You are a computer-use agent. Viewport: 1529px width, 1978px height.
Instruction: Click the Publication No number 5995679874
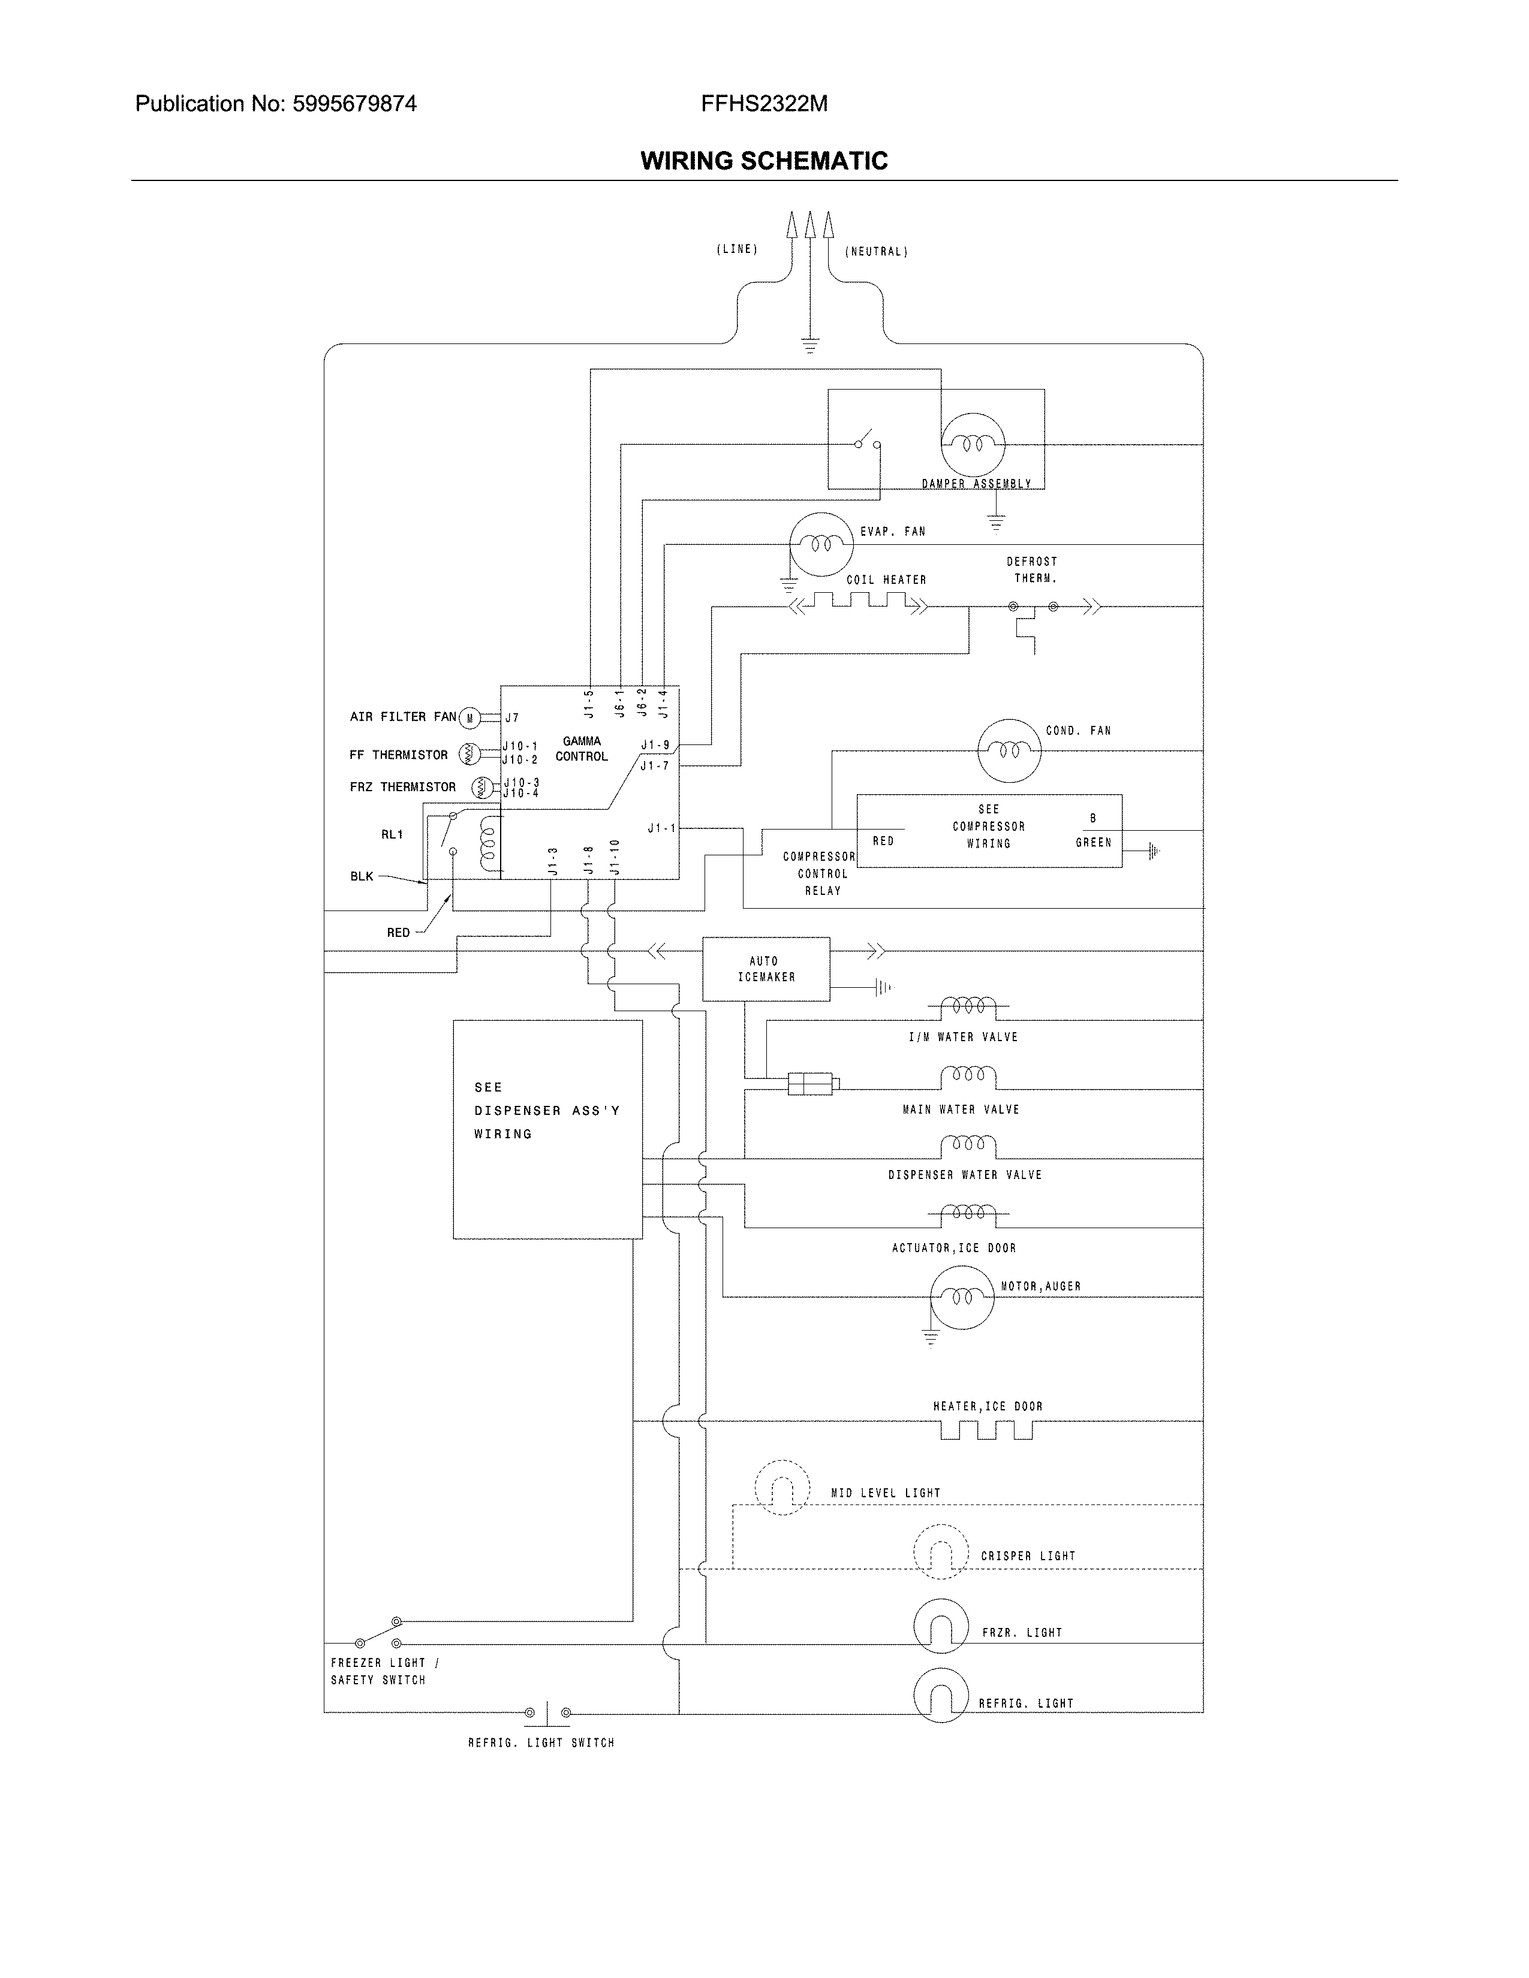coord(354,104)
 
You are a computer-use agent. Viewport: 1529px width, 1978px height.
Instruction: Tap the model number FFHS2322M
coord(763,104)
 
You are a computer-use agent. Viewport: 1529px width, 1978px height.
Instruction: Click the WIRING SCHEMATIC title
coord(763,161)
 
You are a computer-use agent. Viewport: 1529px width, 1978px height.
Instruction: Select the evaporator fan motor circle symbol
coord(821,544)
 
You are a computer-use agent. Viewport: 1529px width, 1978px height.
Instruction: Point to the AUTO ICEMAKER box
coord(766,969)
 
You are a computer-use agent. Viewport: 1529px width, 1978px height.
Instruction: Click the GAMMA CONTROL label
coord(582,749)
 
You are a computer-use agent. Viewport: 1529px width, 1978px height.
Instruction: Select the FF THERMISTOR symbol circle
coord(469,753)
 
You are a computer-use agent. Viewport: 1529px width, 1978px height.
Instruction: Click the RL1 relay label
coord(392,834)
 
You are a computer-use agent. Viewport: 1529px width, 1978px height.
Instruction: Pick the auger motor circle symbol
coord(962,1297)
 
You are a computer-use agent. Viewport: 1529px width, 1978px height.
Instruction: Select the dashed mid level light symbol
coord(782,1488)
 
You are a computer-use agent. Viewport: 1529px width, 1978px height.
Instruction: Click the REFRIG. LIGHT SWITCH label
coord(541,1742)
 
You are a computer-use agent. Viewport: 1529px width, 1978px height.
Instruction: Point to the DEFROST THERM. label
coord(1033,569)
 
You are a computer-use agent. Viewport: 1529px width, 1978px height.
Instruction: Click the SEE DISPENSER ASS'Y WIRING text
coord(546,1110)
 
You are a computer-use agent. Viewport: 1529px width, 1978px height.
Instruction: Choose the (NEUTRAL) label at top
coord(876,252)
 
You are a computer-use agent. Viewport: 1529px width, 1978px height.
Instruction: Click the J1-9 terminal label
coord(655,746)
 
